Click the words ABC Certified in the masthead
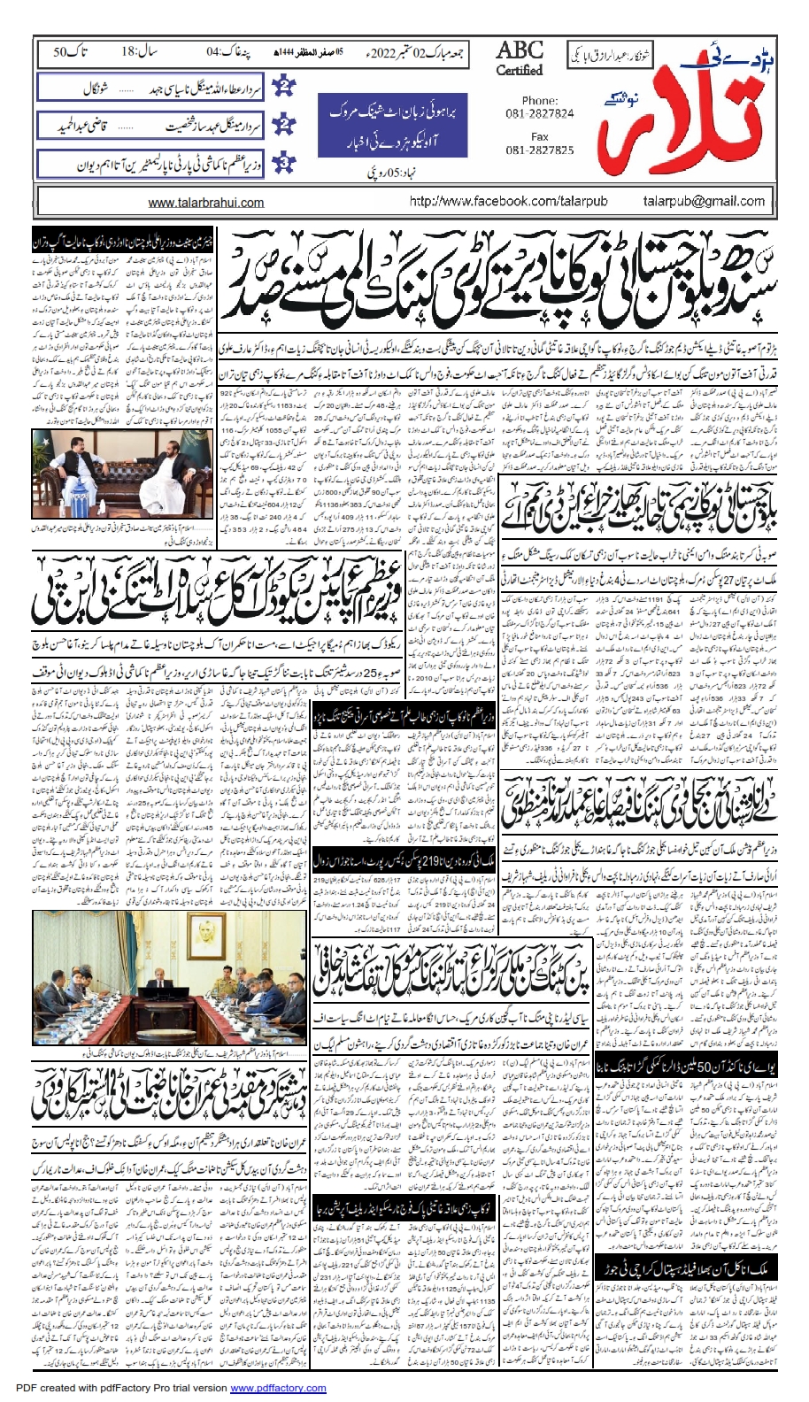tap(520, 58)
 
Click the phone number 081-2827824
tap(540, 113)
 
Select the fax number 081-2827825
tap(540, 150)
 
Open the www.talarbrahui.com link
tap(206, 203)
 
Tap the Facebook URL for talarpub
tap(508, 201)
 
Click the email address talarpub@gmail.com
tap(704, 201)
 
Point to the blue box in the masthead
tap(392, 125)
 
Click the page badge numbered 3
tap(284, 164)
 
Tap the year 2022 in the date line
tap(382, 52)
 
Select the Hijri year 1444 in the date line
tap(293, 52)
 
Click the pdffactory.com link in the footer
tap(278, 1388)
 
